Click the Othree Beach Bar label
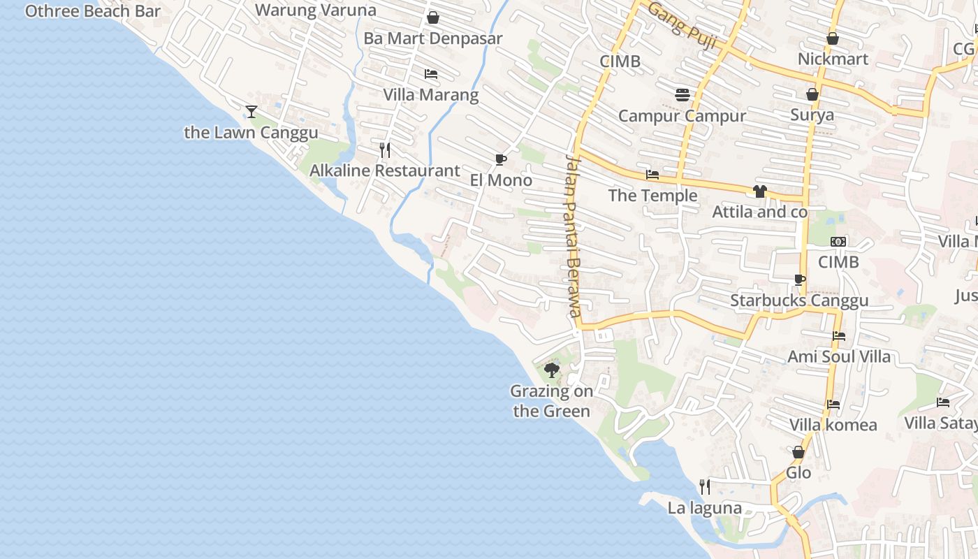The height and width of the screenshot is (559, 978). point(93,11)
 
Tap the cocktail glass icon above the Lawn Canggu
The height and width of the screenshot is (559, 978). point(251,111)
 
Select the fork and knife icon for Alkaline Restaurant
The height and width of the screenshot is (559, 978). point(384,150)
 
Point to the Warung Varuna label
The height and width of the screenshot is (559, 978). point(316,10)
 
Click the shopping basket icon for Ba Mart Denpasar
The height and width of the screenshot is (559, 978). point(433,17)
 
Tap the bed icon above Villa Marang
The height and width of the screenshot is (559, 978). point(431,74)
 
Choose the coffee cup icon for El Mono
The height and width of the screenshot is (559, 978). point(500,159)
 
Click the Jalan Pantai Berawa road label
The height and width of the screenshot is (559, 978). point(573,235)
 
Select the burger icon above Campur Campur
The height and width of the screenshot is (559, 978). point(683,95)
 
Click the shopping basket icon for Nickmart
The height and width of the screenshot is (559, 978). point(833,38)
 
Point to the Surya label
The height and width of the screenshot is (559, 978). point(812,115)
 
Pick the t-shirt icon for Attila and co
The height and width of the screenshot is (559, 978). point(760,191)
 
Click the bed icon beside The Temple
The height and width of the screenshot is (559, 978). point(652,175)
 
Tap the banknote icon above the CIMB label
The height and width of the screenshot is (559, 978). point(838,242)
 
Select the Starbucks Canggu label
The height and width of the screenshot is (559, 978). point(799,300)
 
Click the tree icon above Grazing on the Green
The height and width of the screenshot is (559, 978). point(552,370)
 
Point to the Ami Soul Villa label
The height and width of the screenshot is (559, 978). point(839,357)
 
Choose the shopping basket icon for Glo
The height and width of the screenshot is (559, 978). point(798,452)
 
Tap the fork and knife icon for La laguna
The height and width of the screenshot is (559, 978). point(705,486)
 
